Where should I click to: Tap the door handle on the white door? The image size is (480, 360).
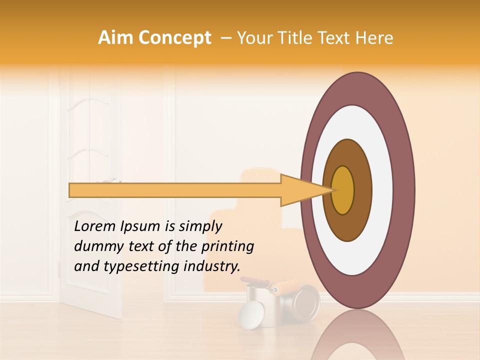click(x=112, y=180)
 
